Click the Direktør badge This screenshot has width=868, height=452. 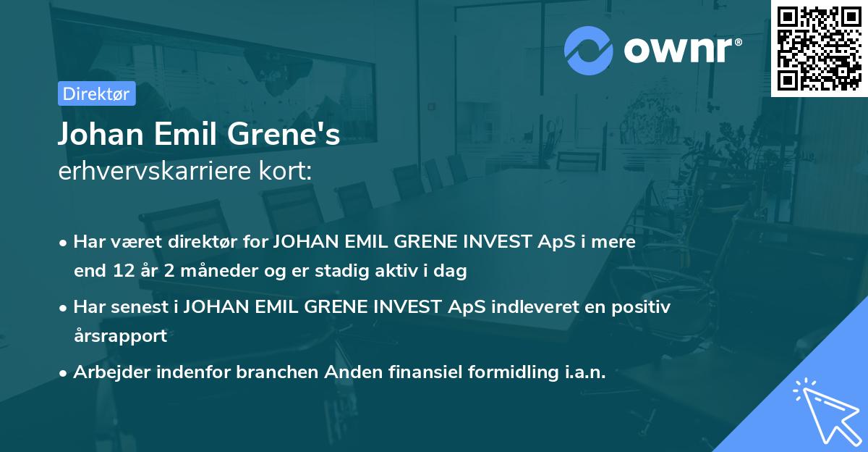click(x=96, y=94)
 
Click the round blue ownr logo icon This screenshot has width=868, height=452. click(x=589, y=51)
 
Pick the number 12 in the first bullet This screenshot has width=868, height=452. click(x=121, y=272)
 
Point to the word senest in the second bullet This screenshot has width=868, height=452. click(x=138, y=307)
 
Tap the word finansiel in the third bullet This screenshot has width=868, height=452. click(x=408, y=372)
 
